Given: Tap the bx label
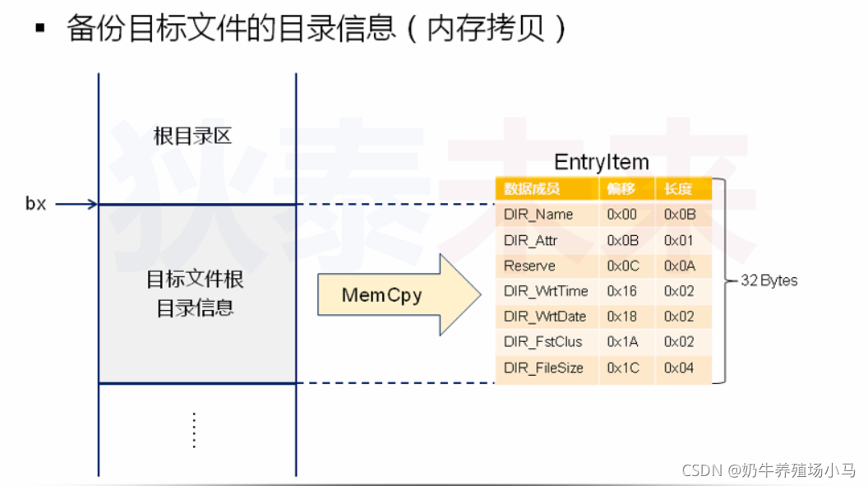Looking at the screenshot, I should click(35, 204).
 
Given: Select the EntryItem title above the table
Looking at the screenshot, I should click(602, 161).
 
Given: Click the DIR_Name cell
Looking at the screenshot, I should click(538, 215).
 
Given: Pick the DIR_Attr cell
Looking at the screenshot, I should click(530, 240).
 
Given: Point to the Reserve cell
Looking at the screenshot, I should click(529, 266).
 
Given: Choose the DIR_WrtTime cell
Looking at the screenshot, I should click(545, 291).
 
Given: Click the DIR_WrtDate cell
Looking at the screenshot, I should click(545, 317).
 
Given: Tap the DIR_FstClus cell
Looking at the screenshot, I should click(542, 342).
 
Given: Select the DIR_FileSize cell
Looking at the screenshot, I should click(543, 368).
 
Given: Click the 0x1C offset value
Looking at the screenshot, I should click(623, 368).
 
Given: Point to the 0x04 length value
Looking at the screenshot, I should click(679, 368).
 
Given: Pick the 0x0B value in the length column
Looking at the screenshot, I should click(679, 215).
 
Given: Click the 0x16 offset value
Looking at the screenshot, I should click(622, 291).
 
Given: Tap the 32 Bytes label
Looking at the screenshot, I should click(769, 280).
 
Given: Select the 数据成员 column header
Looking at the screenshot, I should click(532, 189).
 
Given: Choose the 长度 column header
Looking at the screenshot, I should click(678, 189).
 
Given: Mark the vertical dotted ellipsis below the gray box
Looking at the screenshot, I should click(195, 430).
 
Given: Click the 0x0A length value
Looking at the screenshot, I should click(679, 266).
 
